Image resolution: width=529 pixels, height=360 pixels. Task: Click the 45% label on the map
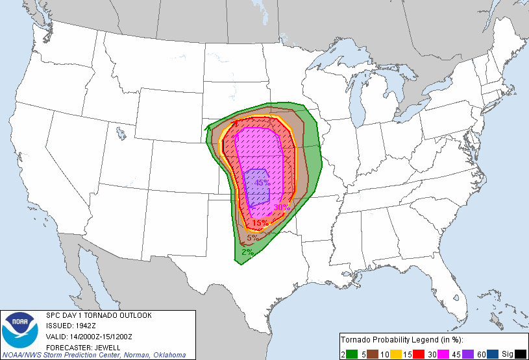tap(262, 183)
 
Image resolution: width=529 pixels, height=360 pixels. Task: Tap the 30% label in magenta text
tap(281, 208)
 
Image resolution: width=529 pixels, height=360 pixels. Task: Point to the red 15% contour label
tap(260, 223)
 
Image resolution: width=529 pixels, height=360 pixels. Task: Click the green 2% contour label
tap(247, 252)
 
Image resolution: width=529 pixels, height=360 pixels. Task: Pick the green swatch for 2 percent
tap(351, 354)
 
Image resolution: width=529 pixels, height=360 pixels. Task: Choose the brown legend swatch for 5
tap(375, 354)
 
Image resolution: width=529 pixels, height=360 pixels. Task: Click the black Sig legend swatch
tap(520, 354)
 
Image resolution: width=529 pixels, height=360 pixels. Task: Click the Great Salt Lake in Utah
tap(121, 134)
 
